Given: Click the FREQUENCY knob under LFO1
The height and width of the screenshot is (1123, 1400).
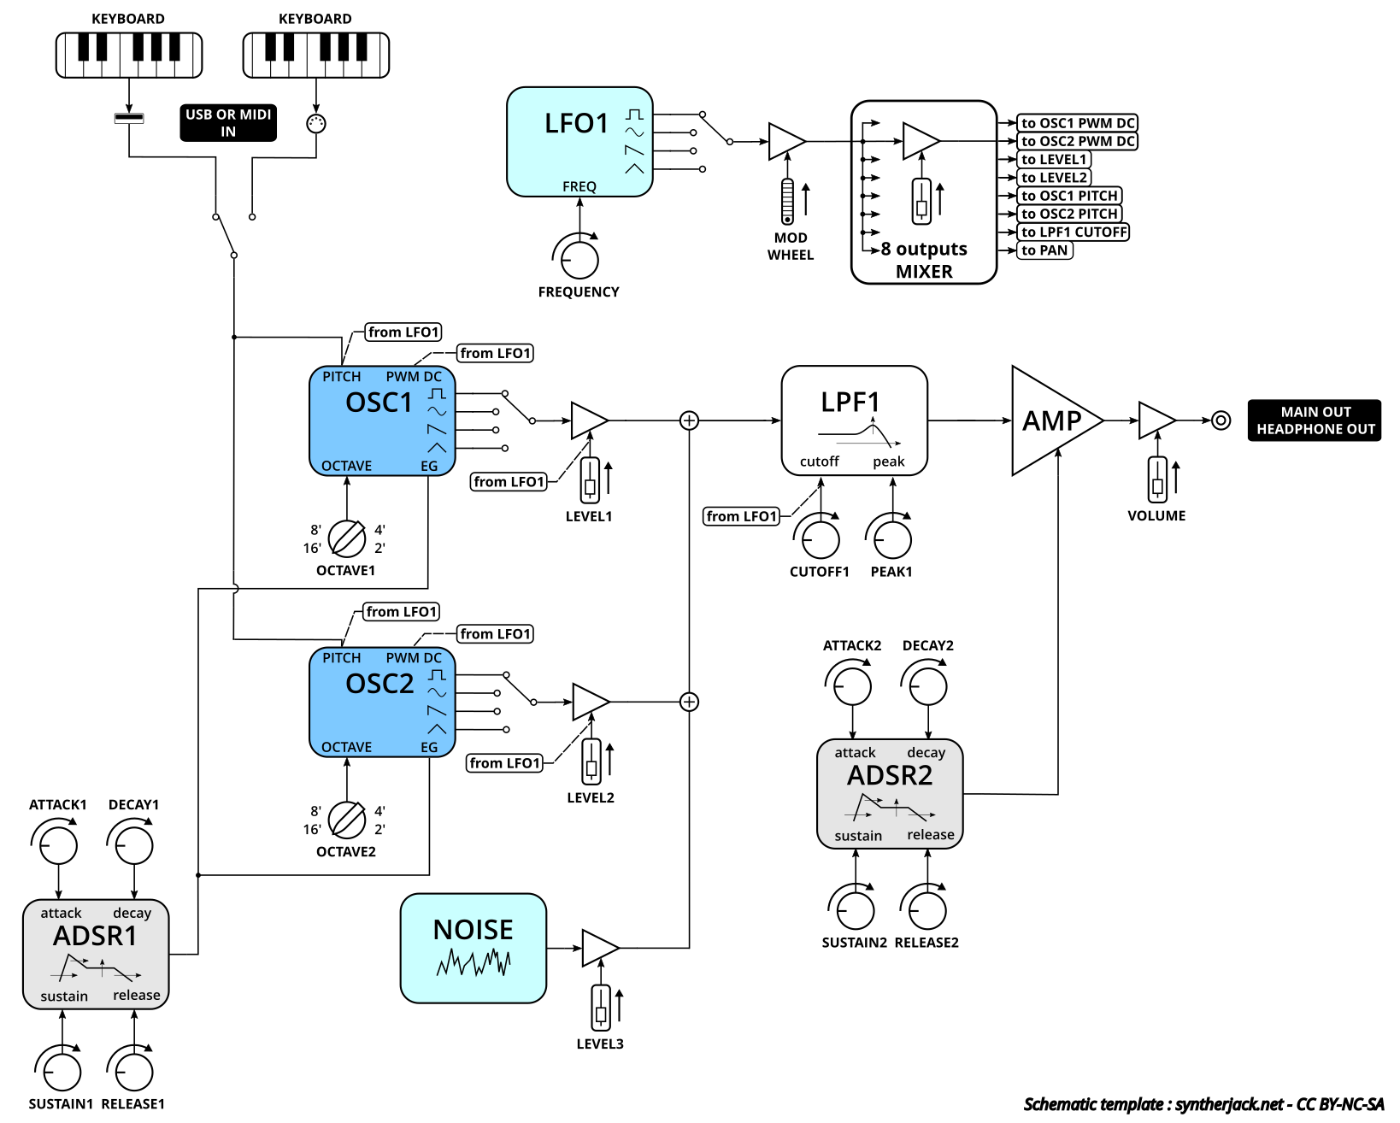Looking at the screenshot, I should pyautogui.click(x=579, y=260).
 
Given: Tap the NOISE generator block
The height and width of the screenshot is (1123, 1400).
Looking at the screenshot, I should pyautogui.click(x=473, y=948).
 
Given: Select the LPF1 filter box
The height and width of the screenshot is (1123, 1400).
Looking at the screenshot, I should pyautogui.click(x=854, y=420).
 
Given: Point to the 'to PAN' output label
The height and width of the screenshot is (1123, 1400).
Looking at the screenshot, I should pyautogui.click(x=1044, y=250).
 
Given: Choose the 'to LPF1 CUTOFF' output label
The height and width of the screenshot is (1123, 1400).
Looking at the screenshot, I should pyautogui.click(x=1074, y=232).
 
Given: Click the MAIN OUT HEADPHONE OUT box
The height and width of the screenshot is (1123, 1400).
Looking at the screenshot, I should pyautogui.click(x=1315, y=420).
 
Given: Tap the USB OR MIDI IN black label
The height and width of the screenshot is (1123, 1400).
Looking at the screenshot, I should pyautogui.click(x=228, y=123).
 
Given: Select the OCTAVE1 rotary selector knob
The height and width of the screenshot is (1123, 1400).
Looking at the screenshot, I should pyautogui.click(x=347, y=538).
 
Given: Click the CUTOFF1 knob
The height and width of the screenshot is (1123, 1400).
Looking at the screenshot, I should pyautogui.click(x=820, y=539).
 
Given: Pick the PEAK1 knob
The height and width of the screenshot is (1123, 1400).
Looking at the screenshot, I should pyautogui.click(x=892, y=539).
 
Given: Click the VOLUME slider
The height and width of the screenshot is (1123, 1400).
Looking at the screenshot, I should pyautogui.click(x=1157, y=479).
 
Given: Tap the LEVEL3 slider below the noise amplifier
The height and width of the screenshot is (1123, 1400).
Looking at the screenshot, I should pyautogui.click(x=601, y=1008).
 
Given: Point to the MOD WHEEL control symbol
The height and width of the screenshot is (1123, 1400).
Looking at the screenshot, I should pyautogui.click(x=787, y=202).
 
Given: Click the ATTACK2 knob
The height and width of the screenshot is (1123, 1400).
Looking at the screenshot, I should pyautogui.click(x=852, y=686).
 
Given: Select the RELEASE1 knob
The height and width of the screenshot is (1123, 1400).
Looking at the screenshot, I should pyautogui.click(x=134, y=1072).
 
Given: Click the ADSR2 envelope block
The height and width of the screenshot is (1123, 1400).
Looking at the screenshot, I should pyautogui.click(x=890, y=794).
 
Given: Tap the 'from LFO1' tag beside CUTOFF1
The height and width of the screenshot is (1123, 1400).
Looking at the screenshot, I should pyautogui.click(x=742, y=516).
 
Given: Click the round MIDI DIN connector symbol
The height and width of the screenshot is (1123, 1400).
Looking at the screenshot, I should pyautogui.click(x=316, y=123).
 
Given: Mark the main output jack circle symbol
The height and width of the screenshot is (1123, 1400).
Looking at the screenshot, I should pyautogui.click(x=1221, y=420).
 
